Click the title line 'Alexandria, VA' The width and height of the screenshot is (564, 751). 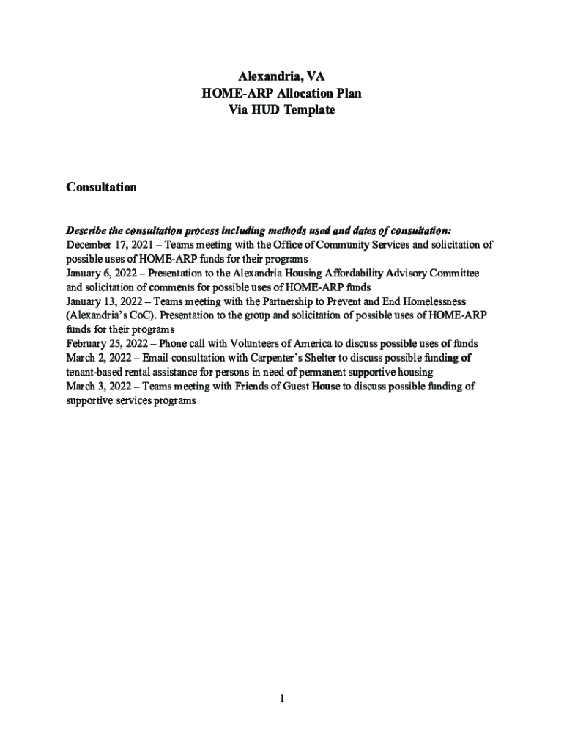tap(281, 77)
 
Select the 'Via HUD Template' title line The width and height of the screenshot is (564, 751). tap(281, 110)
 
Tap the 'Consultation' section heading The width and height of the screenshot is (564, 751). tap(101, 187)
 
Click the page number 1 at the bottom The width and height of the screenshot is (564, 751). tap(281, 698)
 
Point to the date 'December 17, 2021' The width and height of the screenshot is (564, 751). tap(102, 245)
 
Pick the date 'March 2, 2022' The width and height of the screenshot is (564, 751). tap(92, 358)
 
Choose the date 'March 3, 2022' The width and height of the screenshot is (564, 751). tap(92, 386)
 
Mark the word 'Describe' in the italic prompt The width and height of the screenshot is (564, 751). tap(86, 230)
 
